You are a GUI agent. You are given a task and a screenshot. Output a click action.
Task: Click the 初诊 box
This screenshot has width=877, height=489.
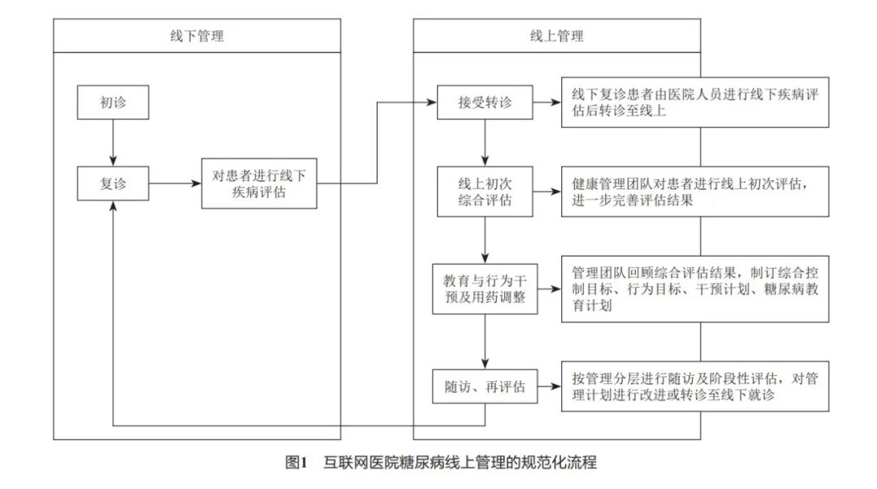113,102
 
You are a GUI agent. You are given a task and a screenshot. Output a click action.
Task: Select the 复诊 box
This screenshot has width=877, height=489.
113,184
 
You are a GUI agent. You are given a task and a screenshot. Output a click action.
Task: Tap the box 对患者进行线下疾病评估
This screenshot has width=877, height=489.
259,184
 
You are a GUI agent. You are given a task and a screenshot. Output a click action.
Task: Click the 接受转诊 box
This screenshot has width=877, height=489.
485,102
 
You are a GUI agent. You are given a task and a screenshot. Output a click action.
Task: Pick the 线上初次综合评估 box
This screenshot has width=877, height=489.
485,192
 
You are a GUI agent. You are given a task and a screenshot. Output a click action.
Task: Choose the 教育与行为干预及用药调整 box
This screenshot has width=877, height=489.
485,288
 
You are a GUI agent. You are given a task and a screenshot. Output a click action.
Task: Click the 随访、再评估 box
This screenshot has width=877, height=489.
485,386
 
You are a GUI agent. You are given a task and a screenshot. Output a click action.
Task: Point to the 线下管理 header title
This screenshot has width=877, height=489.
197,37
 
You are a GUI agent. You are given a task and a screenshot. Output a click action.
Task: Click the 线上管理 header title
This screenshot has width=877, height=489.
557,37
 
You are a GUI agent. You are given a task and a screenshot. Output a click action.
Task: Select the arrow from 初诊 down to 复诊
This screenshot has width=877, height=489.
113,143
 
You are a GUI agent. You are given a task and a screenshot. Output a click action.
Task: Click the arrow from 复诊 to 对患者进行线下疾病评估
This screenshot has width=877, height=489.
175,184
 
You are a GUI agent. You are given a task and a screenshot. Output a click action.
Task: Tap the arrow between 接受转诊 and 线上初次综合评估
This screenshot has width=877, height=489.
485,143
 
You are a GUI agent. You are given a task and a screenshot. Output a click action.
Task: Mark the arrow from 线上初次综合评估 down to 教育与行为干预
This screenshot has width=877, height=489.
485,240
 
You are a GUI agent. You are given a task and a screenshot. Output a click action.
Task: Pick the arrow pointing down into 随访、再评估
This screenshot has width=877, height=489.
485,341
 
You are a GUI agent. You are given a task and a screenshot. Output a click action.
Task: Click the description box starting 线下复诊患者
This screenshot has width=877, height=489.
695,102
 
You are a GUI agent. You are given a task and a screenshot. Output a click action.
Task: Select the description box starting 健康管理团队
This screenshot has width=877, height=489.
695,192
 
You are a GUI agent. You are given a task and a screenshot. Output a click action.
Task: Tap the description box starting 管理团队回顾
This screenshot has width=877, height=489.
695,288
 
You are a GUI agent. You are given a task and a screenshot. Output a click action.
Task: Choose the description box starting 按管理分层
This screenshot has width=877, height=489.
695,386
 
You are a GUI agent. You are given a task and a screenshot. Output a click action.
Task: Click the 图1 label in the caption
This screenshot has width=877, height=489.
296,462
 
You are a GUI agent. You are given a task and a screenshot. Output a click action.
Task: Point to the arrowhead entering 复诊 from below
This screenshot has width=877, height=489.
113,205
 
